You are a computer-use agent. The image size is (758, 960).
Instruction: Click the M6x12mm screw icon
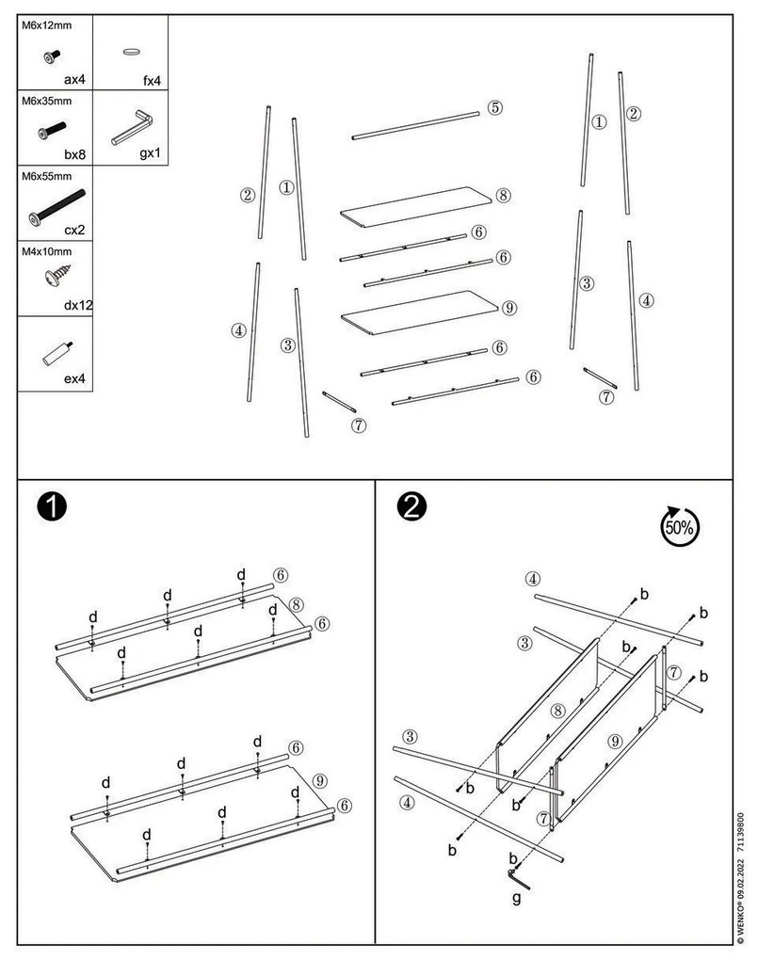[x=49, y=57]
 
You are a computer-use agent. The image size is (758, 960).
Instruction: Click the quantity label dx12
[x=73, y=304]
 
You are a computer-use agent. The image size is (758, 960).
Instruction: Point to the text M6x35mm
[x=47, y=100]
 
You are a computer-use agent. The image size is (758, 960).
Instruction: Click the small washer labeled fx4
[x=131, y=52]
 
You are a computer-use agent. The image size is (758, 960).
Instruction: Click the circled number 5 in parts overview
[x=495, y=107]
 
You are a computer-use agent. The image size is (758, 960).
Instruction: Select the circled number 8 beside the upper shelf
[x=503, y=196]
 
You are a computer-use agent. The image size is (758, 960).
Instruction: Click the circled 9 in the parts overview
[x=508, y=308]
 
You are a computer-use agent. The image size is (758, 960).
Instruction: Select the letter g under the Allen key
[x=516, y=898]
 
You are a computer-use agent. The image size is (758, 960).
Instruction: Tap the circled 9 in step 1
[x=318, y=780]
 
